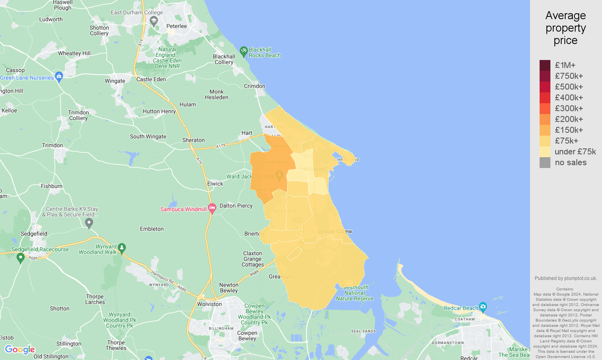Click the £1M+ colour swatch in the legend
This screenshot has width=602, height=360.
545,65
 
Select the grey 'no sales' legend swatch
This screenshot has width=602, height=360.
545,162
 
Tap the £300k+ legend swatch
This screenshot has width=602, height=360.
545,108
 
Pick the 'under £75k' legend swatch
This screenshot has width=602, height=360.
545,152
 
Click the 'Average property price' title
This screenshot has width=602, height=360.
565,28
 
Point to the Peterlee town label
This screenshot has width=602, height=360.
176,26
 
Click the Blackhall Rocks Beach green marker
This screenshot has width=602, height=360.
244,51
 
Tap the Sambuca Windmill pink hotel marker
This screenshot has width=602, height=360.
212,208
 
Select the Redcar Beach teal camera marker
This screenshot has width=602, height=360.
483,307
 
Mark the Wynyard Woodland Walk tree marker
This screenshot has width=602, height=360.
122,248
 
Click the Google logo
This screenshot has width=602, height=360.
20,350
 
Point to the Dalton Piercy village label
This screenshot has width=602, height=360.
236,206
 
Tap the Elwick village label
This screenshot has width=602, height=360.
215,184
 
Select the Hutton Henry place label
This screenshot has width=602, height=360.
159,111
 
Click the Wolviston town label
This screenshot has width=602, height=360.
209,304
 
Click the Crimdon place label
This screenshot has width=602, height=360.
254,86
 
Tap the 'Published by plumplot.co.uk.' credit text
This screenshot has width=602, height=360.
566,278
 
